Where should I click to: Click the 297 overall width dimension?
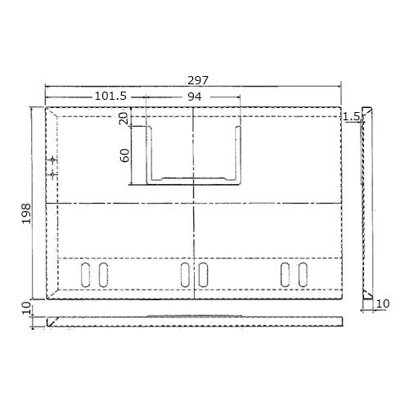coord(198,80)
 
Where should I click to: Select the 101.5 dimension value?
coord(110,96)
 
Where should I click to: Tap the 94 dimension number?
coord(195,97)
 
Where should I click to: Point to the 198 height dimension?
coord(26,213)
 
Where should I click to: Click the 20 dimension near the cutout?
coord(124,119)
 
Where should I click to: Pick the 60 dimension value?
coord(125,155)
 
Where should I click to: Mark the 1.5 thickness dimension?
coord(352,117)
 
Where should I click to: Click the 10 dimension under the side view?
coord(383,303)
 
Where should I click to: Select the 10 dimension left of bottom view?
coord(26,308)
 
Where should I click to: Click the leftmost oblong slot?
coord(85,275)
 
